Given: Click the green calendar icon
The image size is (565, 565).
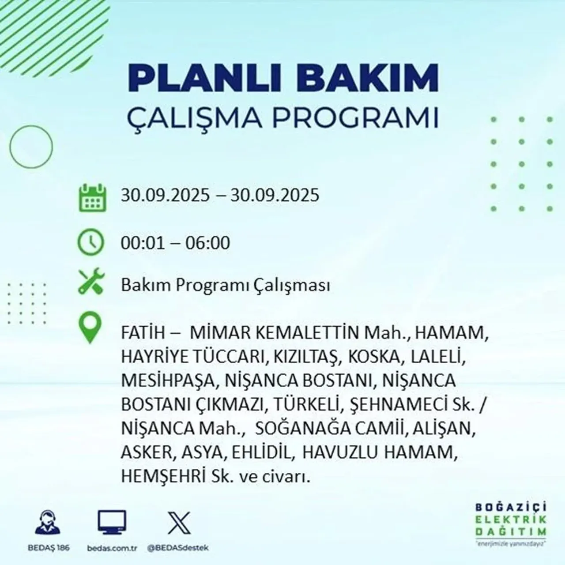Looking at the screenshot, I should [92, 197].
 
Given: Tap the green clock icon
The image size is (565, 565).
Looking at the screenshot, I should [91, 242].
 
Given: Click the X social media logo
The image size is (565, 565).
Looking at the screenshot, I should [179, 523].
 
